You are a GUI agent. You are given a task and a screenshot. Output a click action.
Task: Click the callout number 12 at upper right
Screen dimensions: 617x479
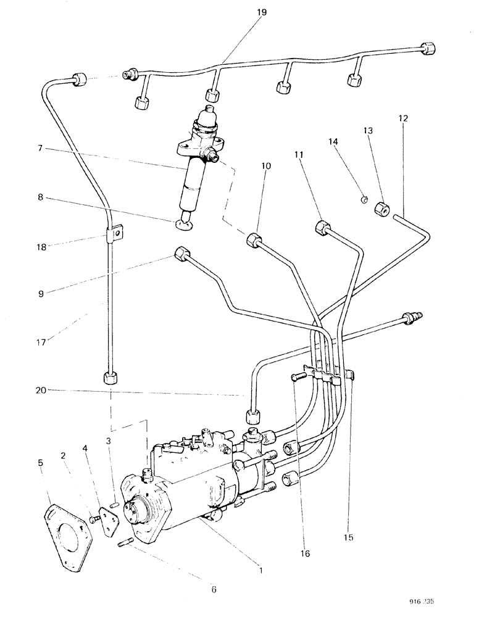point(404,118)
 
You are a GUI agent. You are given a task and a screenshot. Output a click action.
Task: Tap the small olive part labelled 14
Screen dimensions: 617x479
point(365,198)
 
